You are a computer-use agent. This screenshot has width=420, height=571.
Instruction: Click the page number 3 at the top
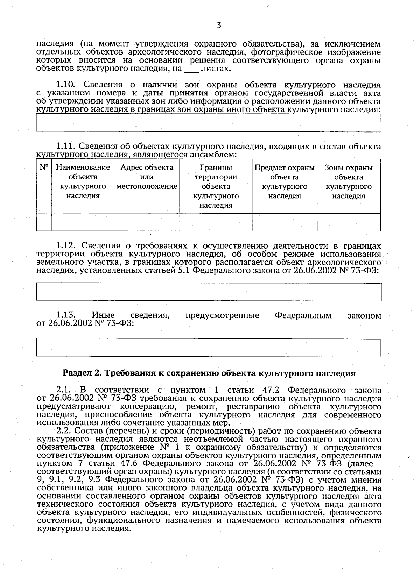[x=219, y=25]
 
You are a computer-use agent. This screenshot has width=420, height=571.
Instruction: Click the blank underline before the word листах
[x=191, y=69]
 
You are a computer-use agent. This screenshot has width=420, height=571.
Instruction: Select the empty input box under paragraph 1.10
[x=209, y=123]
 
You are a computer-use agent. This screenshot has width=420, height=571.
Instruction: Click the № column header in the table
[x=44, y=167]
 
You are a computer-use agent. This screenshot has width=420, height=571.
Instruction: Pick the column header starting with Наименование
[x=83, y=181]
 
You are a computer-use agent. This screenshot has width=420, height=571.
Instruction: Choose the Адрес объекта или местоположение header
[x=147, y=177]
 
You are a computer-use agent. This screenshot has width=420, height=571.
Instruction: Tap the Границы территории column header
[x=216, y=186]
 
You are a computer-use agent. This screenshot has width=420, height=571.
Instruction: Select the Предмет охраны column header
[x=285, y=181]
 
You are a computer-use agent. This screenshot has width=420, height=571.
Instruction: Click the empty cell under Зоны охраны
[x=349, y=222]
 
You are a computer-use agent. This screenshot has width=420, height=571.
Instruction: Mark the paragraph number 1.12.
[x=66, y=246]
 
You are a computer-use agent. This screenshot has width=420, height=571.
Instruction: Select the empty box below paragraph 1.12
[x=209, y=292]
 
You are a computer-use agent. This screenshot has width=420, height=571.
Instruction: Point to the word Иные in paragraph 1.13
[x=103, y=316]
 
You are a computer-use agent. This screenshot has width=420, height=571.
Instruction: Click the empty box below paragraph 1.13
[x=209, y=348]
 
